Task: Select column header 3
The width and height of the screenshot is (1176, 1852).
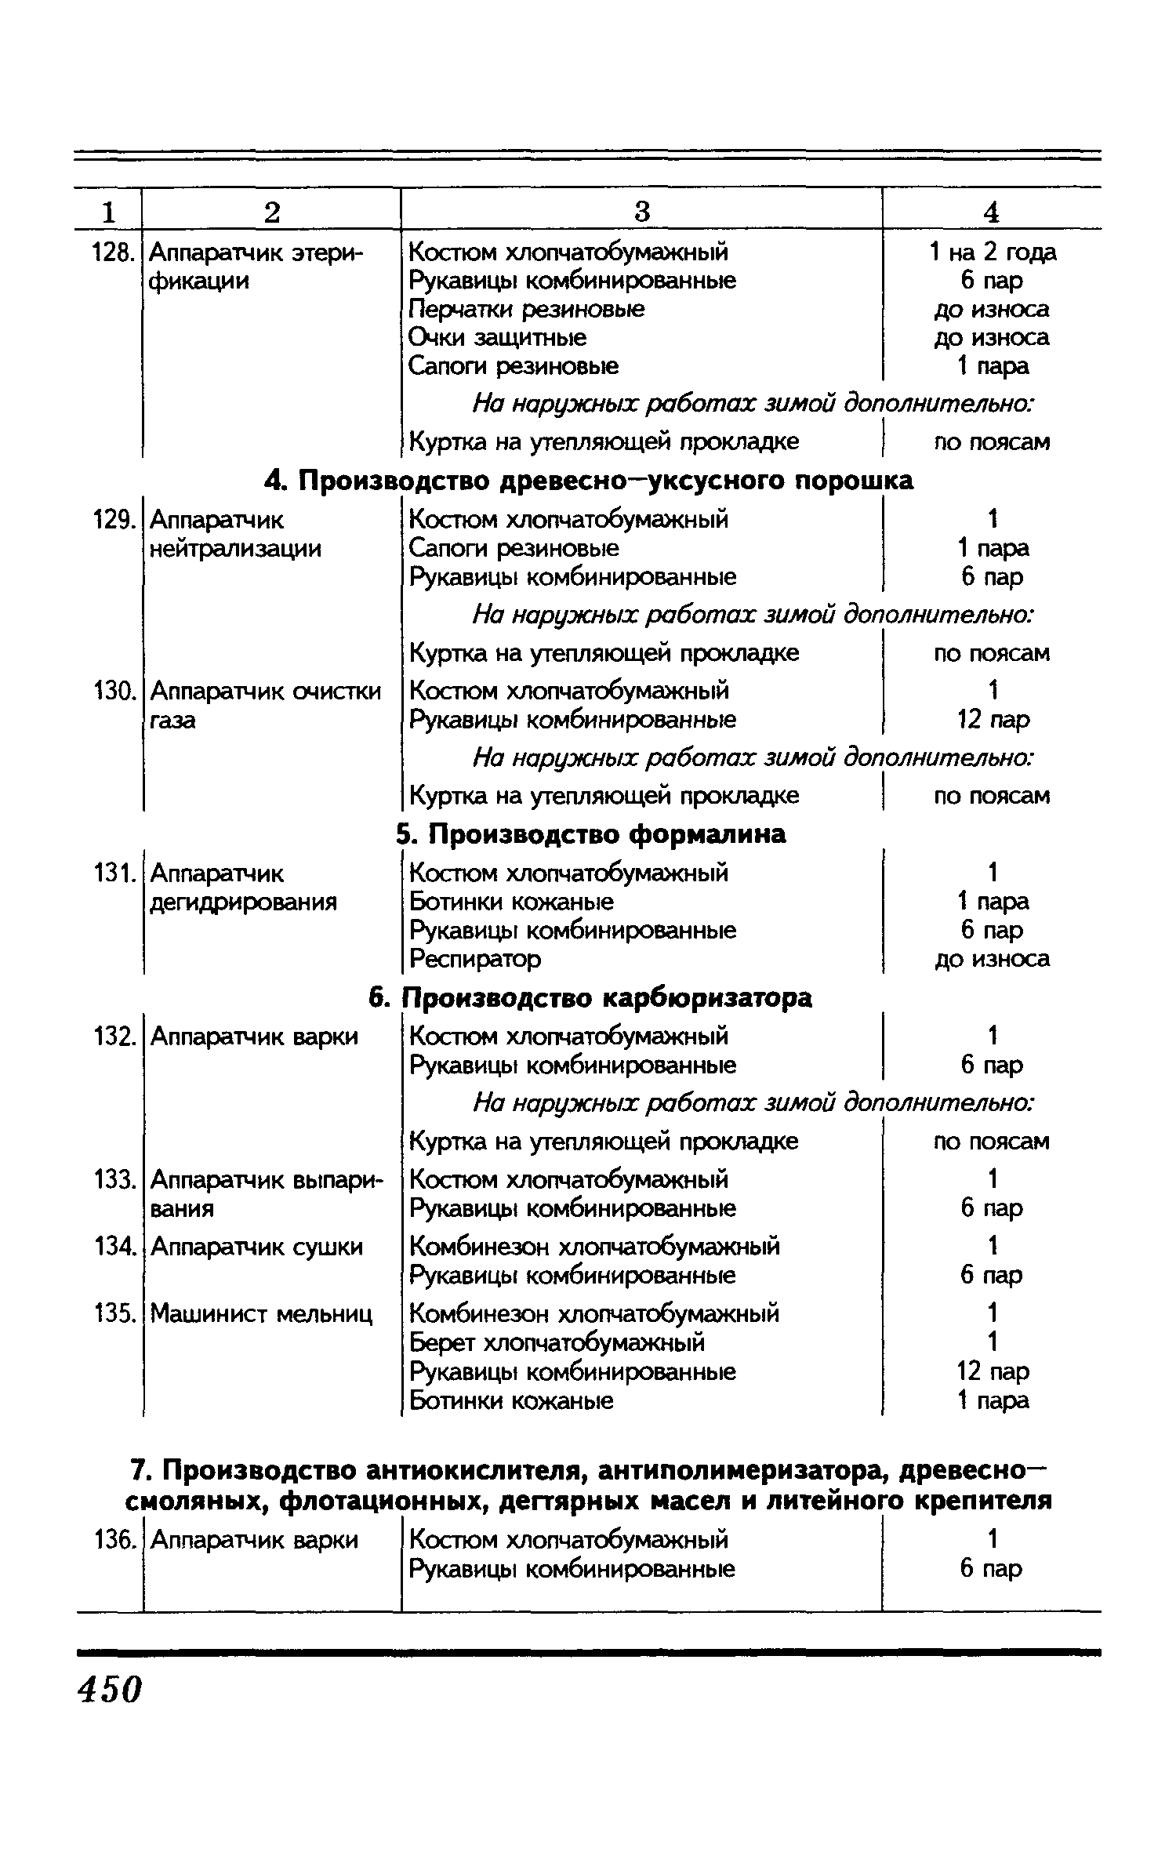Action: coord(641,212)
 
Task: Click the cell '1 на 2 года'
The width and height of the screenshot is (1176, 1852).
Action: coord(992,252)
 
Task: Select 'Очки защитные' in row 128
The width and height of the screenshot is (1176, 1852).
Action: coord(498,338)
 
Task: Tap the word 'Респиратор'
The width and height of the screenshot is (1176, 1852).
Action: coord(475,959)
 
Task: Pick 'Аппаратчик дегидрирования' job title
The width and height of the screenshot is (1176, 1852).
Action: coord(243,888)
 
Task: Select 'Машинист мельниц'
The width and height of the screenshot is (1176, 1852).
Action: coord(261,1313)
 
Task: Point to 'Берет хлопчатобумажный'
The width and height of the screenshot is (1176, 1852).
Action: coord(557,1342)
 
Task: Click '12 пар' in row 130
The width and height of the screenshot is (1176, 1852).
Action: coord(993,720)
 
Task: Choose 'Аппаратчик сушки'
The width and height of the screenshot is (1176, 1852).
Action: coord(256,1247)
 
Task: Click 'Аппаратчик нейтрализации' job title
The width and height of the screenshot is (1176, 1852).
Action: coord(235,534)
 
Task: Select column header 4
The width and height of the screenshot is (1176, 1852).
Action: coord(992,212)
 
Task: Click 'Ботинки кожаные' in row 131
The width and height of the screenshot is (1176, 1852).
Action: coord(511,902)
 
